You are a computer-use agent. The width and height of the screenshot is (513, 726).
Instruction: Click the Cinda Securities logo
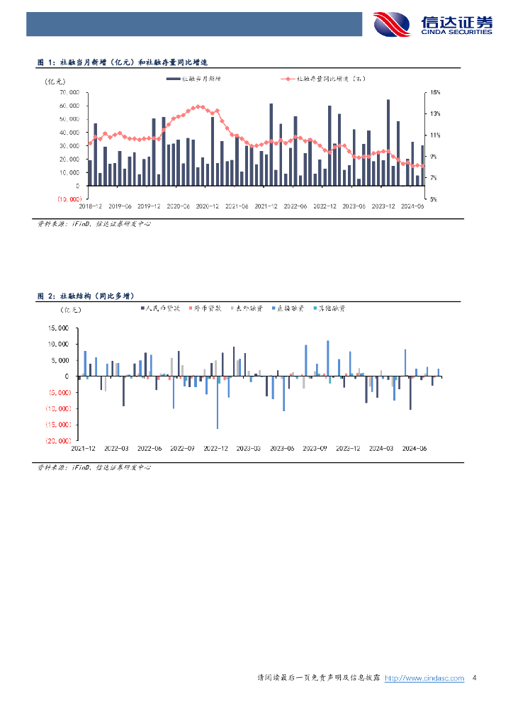[432, 24]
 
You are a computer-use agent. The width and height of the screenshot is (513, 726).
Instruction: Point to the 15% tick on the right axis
[436, 92]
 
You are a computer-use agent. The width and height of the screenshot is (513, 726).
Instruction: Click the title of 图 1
[126, 63]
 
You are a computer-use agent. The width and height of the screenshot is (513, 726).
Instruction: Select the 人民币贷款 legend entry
[161, 308]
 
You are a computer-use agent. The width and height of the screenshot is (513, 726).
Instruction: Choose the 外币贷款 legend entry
[205, 308]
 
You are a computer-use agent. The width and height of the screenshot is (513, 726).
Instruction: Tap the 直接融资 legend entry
[288, 308]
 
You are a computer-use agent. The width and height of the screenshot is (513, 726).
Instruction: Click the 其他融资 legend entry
[329, 308]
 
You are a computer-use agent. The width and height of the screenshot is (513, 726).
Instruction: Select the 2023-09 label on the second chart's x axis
[315, 448]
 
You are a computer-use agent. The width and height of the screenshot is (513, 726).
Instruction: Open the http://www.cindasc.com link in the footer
[424, 678]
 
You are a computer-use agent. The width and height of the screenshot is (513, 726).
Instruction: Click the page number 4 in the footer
[474, 678]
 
